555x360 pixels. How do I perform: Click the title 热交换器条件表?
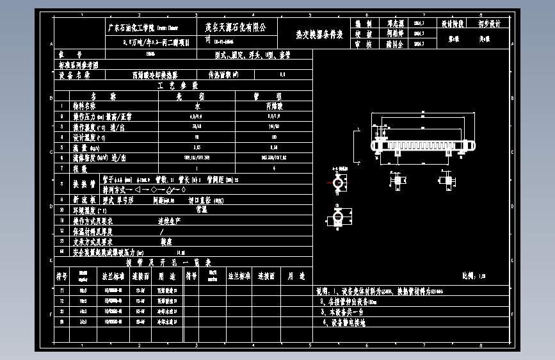319,35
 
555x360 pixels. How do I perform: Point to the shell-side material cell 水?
197,106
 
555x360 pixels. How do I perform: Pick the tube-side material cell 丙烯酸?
274,106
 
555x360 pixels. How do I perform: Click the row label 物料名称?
83,106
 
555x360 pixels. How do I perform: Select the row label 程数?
79,168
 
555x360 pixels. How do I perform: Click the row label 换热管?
84,184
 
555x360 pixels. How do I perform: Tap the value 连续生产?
170,220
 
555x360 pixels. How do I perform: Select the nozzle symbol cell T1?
61,290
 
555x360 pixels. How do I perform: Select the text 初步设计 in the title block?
489,24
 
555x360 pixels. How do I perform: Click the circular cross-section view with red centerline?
337,183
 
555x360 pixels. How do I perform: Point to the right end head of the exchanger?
473,145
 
